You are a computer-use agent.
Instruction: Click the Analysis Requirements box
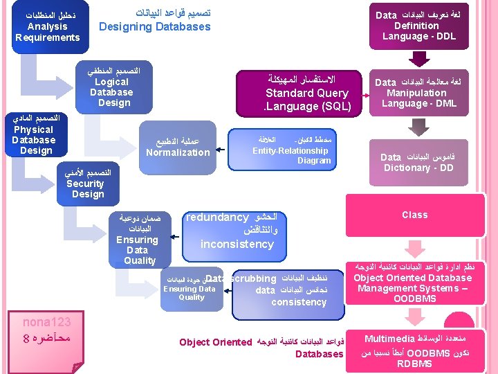point(47,26)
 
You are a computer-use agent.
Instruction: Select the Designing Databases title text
point(154,27)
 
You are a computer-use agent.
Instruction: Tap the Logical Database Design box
point(111,87)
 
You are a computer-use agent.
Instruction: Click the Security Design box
point(86,184)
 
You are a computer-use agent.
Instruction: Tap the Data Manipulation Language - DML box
point(416,93)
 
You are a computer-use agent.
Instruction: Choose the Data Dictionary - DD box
point(418,162)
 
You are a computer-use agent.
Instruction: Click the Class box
point(414,215)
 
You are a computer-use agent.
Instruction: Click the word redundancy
point(218,217)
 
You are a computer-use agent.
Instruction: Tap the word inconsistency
point(237,244)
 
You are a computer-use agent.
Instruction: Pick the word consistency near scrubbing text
point(299,302)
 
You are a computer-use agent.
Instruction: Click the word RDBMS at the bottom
point(414,364)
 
